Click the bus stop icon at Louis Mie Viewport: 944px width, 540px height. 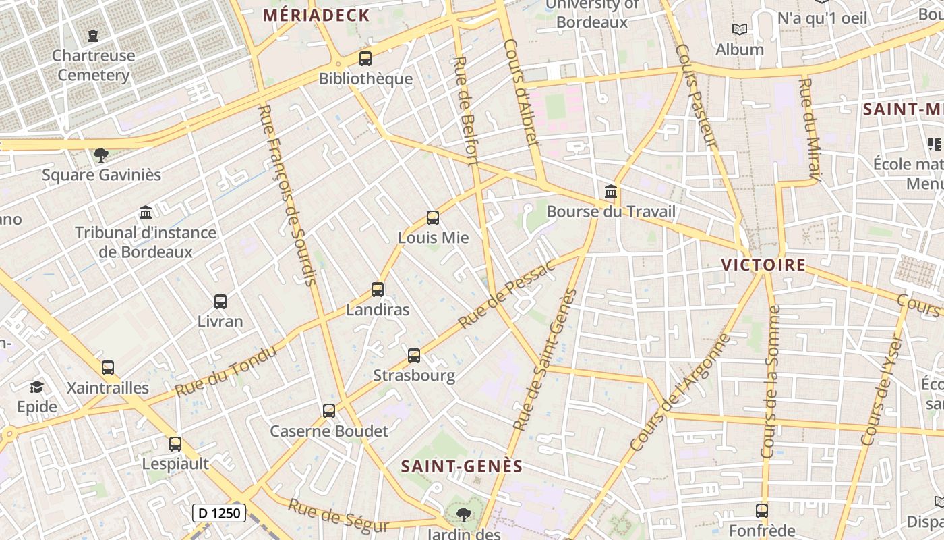point(433,218)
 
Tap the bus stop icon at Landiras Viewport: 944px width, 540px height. point(378,290)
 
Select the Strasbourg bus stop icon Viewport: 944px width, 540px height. point(414,356)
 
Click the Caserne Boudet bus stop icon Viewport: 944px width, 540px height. point(329,410)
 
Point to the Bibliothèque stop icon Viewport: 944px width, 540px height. point(365,59)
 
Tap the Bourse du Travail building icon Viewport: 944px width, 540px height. point(611,192)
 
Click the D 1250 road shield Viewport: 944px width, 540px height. point(219,513)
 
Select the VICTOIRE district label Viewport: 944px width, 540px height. point(763,265)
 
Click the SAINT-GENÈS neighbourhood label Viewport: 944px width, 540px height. point(462,466)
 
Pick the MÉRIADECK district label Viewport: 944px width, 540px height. point(316,16)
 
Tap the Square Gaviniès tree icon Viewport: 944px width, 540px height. point(101,155)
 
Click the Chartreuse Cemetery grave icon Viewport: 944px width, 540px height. point(93,35)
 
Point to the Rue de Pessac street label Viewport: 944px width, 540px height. point(506,294)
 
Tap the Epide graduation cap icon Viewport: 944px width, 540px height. point(36,387)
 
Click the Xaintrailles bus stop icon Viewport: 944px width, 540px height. point(108,368)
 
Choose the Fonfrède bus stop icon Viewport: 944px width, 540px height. point(762,511)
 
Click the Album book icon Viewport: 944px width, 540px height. point(740,30)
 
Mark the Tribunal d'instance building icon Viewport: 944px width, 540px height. point(146,213)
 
